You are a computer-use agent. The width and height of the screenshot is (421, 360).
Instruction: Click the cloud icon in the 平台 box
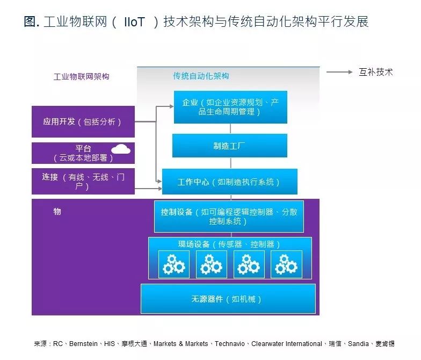[121, 149]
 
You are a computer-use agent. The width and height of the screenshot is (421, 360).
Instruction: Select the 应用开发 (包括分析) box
[83, 122]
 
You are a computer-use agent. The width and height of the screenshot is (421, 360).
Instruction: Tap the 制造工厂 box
[230, 146]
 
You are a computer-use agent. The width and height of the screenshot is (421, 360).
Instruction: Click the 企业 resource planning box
[230, 107]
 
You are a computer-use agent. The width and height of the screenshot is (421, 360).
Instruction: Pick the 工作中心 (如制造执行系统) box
[229, 182]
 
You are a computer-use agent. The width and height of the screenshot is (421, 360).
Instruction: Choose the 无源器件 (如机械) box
[228, 299]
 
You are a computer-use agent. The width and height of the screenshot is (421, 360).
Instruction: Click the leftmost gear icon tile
[173, 264]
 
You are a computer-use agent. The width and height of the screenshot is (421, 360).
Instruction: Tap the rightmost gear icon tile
[286, 264]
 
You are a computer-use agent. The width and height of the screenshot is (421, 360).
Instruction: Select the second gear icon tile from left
[211, 264]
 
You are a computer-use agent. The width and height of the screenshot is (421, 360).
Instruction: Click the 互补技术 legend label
[376, 72]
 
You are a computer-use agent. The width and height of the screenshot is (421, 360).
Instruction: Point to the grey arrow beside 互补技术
[339, 72]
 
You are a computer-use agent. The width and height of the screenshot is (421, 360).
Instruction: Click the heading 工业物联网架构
[81, 76]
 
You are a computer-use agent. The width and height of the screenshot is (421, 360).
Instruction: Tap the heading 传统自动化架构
[201, 76]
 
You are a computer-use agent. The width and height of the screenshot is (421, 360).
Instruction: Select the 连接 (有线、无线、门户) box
[83, 182]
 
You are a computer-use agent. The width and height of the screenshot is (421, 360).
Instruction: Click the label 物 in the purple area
[57, 212]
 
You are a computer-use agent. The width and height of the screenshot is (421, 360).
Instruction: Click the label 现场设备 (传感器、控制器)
[229, 244]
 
